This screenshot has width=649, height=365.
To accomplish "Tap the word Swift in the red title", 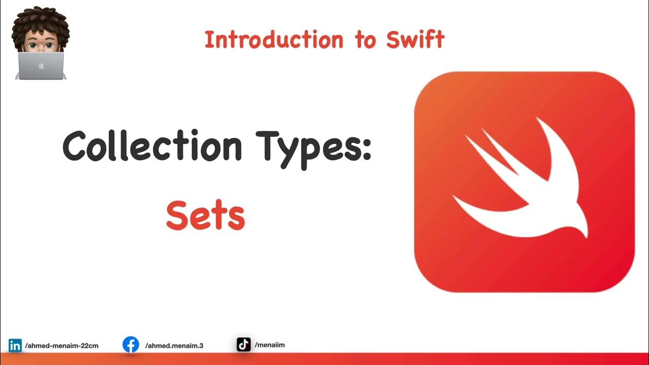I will point(415,40).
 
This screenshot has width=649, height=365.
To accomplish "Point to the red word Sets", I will point(205,216).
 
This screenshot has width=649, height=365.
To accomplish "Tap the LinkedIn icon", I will point(15,345).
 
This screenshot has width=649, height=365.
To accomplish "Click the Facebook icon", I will point(131,345).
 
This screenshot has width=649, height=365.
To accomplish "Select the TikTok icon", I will point(243,345).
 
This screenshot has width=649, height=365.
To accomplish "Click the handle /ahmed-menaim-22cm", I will point(61,346).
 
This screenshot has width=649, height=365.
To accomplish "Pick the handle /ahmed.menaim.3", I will point(174,346).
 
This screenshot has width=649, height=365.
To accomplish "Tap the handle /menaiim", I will point(270,345).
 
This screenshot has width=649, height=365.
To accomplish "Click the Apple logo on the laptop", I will point(41,66).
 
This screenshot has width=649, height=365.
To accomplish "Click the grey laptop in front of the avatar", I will point(41,66).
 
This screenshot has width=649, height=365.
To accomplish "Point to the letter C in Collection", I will point(77,147).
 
